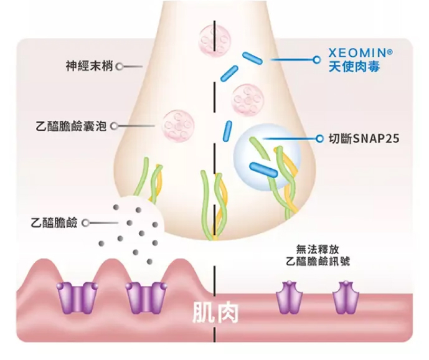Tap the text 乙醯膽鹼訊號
coord(316,261)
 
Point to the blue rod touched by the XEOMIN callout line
coord(253,58)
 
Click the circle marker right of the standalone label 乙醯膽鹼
coord(85,222)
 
